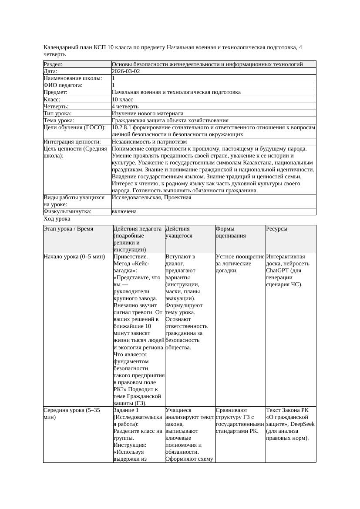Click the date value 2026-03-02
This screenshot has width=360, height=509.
click(x=126, y=71)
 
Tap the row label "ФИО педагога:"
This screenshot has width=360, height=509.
click(x=63, y=85)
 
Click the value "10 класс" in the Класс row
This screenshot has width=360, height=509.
click(x=122, y=99)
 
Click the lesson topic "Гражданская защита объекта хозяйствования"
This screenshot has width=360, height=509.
click(x=170, y=120)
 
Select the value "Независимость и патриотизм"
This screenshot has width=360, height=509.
click(x=149, y=141)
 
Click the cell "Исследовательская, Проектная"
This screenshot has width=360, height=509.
click(x=151, y=198)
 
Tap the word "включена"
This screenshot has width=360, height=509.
click(x=124, y=211)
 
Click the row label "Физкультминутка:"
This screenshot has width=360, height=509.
click(x=67, y=211)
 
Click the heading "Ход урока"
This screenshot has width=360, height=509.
click(x=57, y=219)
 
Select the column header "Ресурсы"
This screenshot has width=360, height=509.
click(x=277, y=228)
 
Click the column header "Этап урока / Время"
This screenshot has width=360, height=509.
click(x=68, y=228)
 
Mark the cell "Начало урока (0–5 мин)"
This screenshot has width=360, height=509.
click(x=74, y=257)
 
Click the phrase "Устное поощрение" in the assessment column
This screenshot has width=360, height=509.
click(x=240, y=257)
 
